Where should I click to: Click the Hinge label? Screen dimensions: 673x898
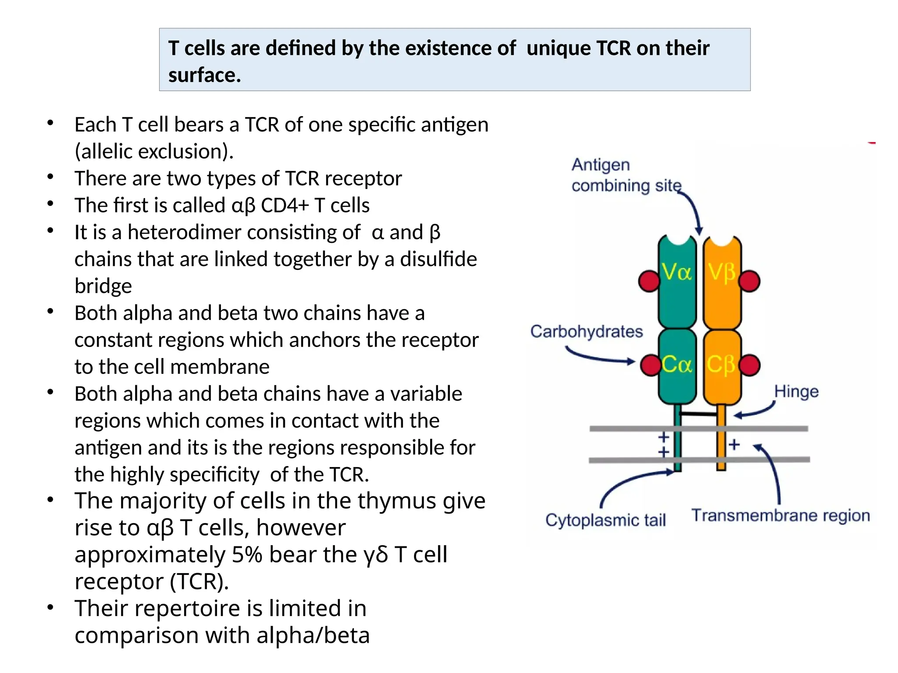click(796, 391)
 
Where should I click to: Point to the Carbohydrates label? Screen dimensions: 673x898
click(586, 332)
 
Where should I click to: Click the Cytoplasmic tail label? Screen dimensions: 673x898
click(606, 520)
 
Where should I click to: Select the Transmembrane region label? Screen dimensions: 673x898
click(780, 516)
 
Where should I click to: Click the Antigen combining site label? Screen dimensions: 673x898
click(626, 175)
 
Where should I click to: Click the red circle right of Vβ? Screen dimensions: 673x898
click(749, 281)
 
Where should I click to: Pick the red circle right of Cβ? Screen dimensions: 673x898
click(750, 365)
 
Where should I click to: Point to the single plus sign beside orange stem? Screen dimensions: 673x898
click(734, 445)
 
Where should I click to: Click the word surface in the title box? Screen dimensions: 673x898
click(204, 75)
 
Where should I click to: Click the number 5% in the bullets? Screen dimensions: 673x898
click(247, 554)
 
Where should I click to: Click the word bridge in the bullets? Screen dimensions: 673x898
click(103, 286)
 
